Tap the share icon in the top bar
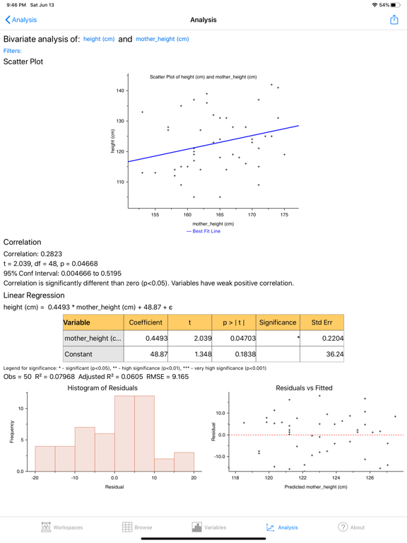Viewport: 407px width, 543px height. (x=394, y=20)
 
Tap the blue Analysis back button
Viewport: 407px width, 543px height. (x=21, y=20)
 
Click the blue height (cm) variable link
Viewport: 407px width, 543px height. (x=99, y=39)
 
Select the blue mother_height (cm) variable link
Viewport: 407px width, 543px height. (x=163, y=39)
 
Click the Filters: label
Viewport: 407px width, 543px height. (x=13, y=51)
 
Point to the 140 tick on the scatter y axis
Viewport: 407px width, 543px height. (x=120, y=90)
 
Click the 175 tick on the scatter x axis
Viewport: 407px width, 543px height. (x=284, y=215)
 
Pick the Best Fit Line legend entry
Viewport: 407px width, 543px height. (x=203, y=231)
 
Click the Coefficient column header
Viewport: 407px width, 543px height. (x=146, y=322)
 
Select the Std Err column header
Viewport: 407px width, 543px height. (x=322, y=322)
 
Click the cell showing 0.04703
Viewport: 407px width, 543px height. (x=234, y=339)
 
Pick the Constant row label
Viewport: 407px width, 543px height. (x=78, y=354)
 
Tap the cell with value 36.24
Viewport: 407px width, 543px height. (x=322, y=354)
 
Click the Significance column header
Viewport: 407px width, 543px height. (x=278, y=322)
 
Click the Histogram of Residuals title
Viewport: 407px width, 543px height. (x=102, y=388)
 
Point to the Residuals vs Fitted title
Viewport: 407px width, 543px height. (x=305, y=388)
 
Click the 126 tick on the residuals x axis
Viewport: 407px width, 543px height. (x=370, y=478)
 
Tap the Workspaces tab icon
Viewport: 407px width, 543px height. (x=46, y=527)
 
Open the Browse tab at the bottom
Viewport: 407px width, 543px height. (x=137, y=527)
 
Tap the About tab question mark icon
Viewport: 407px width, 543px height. (x=343, y=527)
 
